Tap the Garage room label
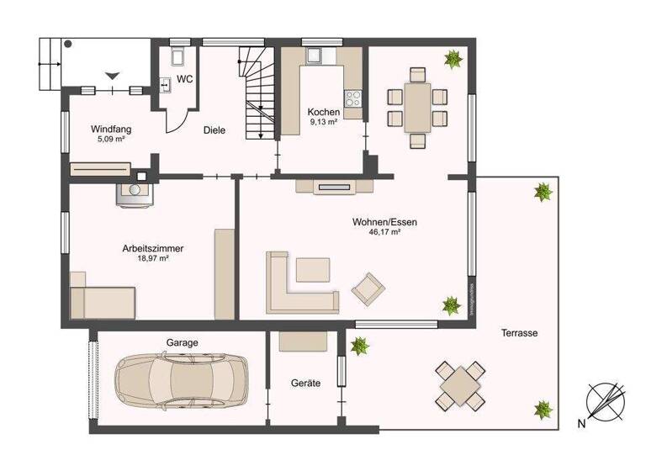pyautogui.click(x=182, y=343)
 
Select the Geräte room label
pyautogui.click(x=305, y=383)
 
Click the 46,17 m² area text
pyautogui.click(x=384, y=233)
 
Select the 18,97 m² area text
pyautogui.click(x=152, y=260)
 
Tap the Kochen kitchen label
pyautogui.click(x=324, y=112)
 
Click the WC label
pyautogui.click(x=185, y=80)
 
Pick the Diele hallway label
pyautogui.click(x=214, y=130)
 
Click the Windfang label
pyautogui.click(x=111, y=130)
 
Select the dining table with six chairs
pyautogui.click(x=416, y=106)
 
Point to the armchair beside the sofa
pyautogui.click(x=368, y=288)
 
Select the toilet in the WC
pyautogui.click(x=178, y=57)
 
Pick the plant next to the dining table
pyautogui.click(x=454, y=59)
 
